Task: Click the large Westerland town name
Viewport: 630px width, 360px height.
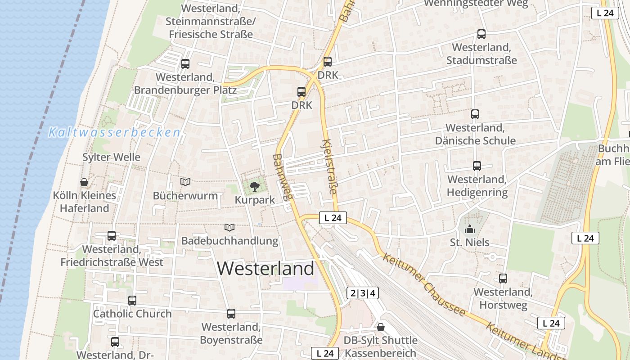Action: coord(265,269)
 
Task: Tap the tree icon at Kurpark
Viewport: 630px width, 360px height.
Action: coord(254,185)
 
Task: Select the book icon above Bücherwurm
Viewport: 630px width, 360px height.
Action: coord(185,182)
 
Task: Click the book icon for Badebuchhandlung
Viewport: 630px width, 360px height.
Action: coord(229,227)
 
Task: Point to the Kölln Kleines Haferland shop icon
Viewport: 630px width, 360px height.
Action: coord(84,182)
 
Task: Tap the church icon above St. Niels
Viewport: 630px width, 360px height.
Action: coord(470,229)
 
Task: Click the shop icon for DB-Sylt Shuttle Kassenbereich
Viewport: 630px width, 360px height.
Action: coord(381,327)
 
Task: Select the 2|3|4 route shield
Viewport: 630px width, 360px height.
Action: coord(363,293)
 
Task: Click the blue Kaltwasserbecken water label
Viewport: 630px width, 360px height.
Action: coord(114,133)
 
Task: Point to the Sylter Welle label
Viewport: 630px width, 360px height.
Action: coord(111,157)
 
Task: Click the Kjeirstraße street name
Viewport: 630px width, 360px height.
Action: coord(329,166)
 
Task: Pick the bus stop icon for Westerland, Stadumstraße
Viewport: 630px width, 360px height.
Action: coord(481,34)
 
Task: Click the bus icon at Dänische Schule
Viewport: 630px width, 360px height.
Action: coord(475,114)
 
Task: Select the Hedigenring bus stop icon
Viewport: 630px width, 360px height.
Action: coord(477,166)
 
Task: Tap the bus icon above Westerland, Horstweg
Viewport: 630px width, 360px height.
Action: coord(503,279)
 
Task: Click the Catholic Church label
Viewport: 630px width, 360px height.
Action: coord(132,314)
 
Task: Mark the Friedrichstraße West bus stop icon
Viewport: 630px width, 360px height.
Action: coord(112,235)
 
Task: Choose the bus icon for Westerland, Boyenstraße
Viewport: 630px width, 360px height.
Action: coord(231,314)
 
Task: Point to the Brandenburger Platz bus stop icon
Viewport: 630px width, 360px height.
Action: coord(185,64)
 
